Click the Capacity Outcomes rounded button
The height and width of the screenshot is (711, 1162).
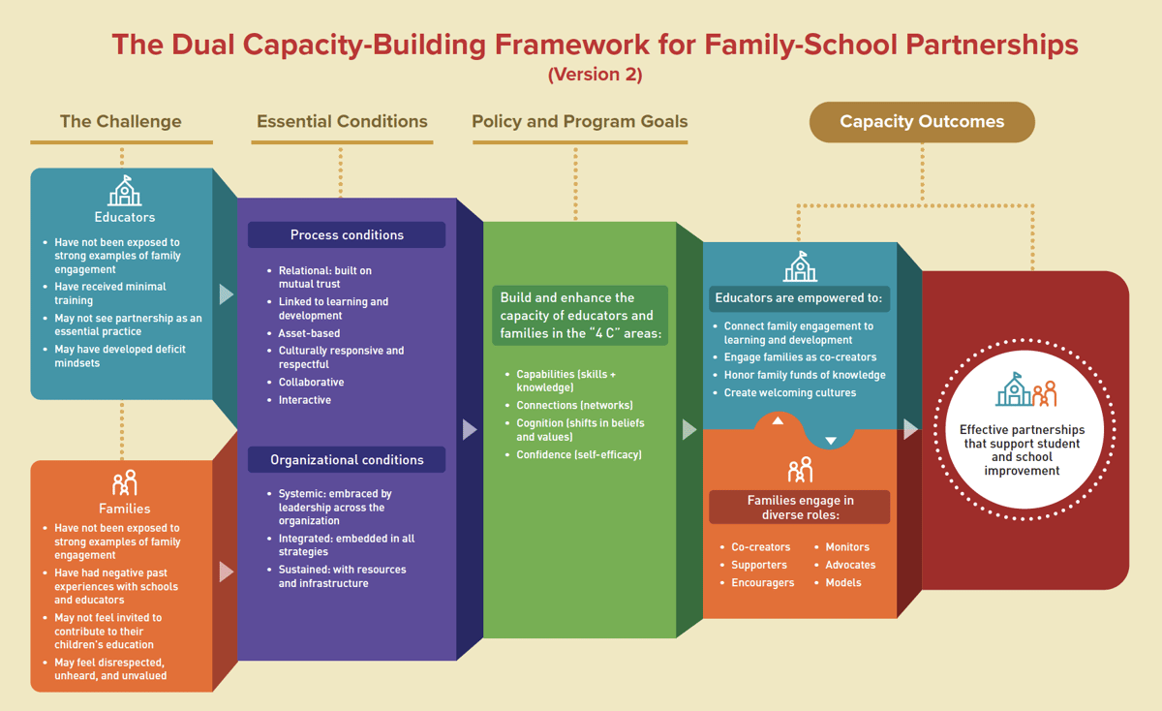pyautogui.click(x=922, y=122)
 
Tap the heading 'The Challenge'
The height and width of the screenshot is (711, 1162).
pyautogui.click(x=121, y=122)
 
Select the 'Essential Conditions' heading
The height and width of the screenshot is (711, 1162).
pyautogui.click(x=342, y=122)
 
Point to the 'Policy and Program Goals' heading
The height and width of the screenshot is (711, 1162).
pyautogui.click(x=580, y=122)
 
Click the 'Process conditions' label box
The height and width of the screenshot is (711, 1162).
pyautogui.click(x=347, y=235)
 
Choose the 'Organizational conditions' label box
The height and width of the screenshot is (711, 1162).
pyautogui.click(x=347, y=460)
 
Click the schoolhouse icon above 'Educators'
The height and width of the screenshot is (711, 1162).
pyautogui.click(x=125, y=191)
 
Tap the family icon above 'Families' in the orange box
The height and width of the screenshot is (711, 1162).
pyautogui.click(x=124, y=482)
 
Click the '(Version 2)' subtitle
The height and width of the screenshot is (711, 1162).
pyautogui.click(x=595, y=75)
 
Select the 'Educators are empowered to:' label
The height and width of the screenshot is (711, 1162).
pyautogui.click(x=799, y=298)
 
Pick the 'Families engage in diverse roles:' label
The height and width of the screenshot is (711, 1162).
pyautogui.click(x=800, y=508)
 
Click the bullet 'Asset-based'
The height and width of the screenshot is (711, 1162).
pyautogui.click(x=309, y=333)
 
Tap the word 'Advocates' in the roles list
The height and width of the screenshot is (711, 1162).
pyautogui.click(x=850, y=565)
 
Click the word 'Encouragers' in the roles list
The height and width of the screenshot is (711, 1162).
pyautogui.click(x=762, y=583)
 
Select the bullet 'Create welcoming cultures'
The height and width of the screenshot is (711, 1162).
pyautogui.click(x=790, y=393)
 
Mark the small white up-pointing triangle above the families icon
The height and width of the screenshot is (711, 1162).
pyautogui.click(x=778, y=421)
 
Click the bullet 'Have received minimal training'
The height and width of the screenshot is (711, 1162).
pyautogui.click(x=109, y=294)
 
